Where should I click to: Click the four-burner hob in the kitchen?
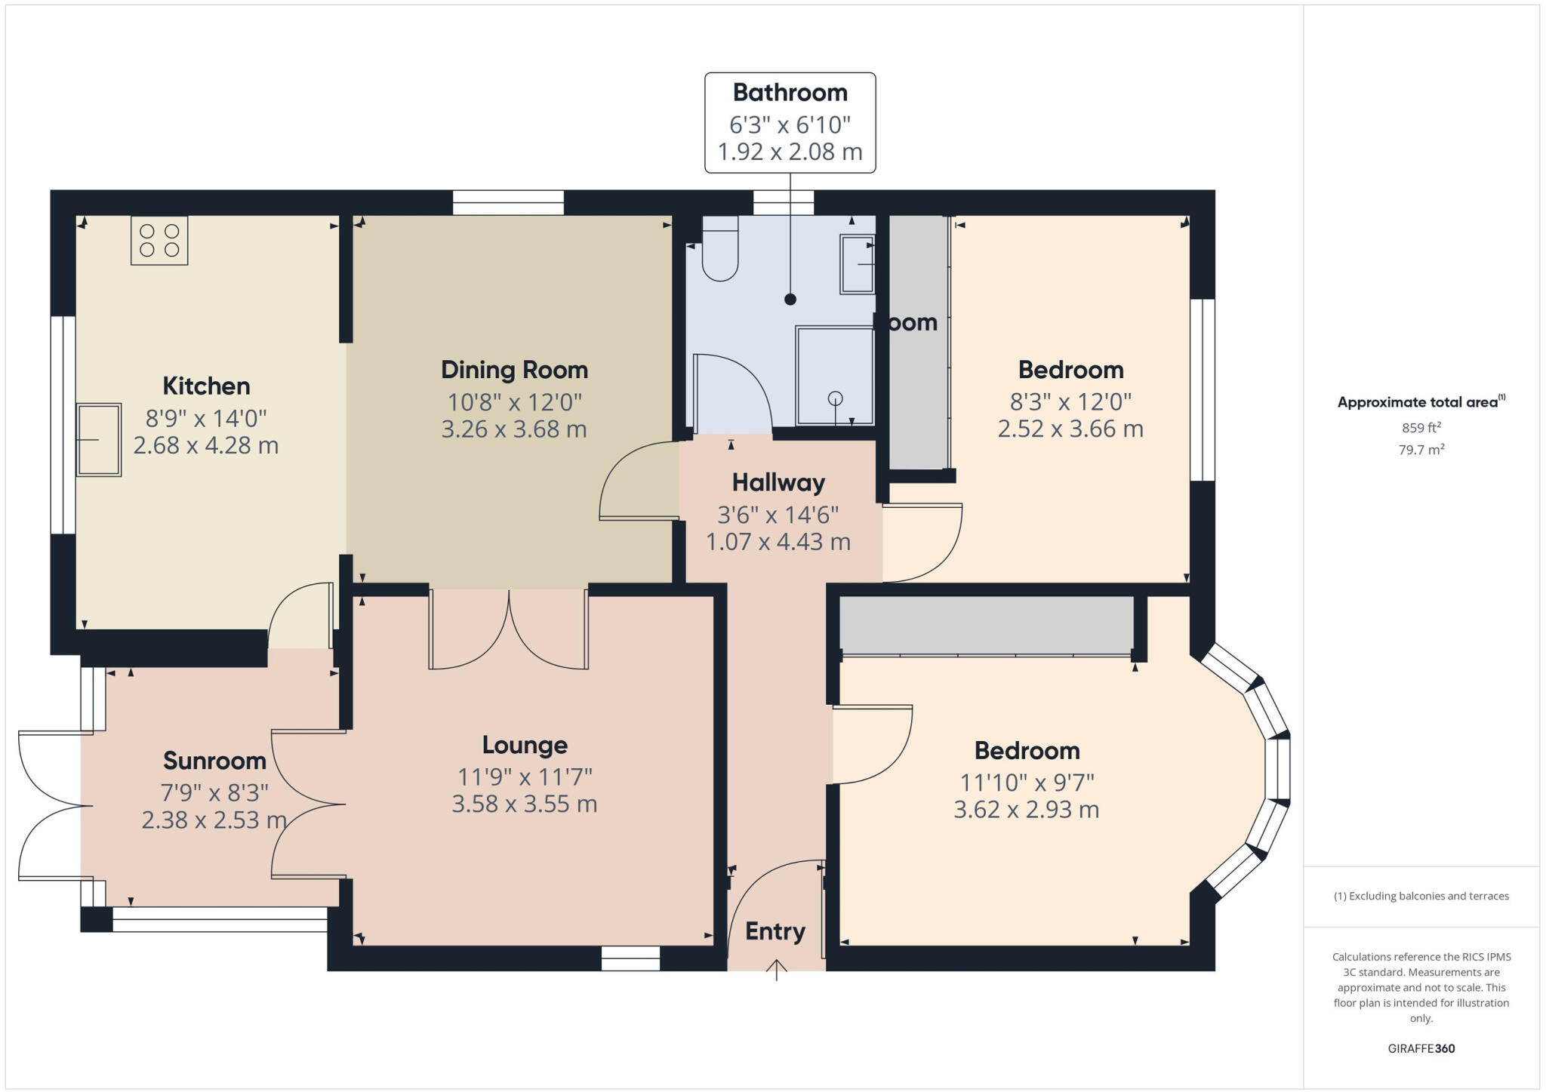[x=159, y=240]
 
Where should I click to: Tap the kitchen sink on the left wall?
[x=99, y=439]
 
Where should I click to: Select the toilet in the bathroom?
[x=720, y=249]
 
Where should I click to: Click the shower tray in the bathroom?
[x=834, y=375]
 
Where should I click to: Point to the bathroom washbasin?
[x=858, y=264]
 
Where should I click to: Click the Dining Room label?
[x=514, y=370]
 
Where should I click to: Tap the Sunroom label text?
[x=214, y=761]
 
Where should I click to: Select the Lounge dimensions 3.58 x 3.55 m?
[x=525, y=804]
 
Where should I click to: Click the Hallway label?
[x=778, y=482]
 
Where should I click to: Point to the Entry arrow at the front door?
[x=777, y=969]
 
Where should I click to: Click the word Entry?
[x=775, y=931]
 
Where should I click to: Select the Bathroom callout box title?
[x=790, y=93]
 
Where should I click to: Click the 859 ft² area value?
[x=1421, y=428]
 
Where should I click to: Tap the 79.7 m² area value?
[x=1421, y=450]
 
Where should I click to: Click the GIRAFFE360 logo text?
[x=1421, y=1048]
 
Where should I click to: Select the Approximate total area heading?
[x=1419, y=402]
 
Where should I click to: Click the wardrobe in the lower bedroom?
[x=986, y=625]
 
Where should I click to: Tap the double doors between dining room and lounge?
[x=509, y=630]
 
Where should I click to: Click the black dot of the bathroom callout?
[x=790, y=300]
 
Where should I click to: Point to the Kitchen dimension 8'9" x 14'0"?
[x=206, y=417]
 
